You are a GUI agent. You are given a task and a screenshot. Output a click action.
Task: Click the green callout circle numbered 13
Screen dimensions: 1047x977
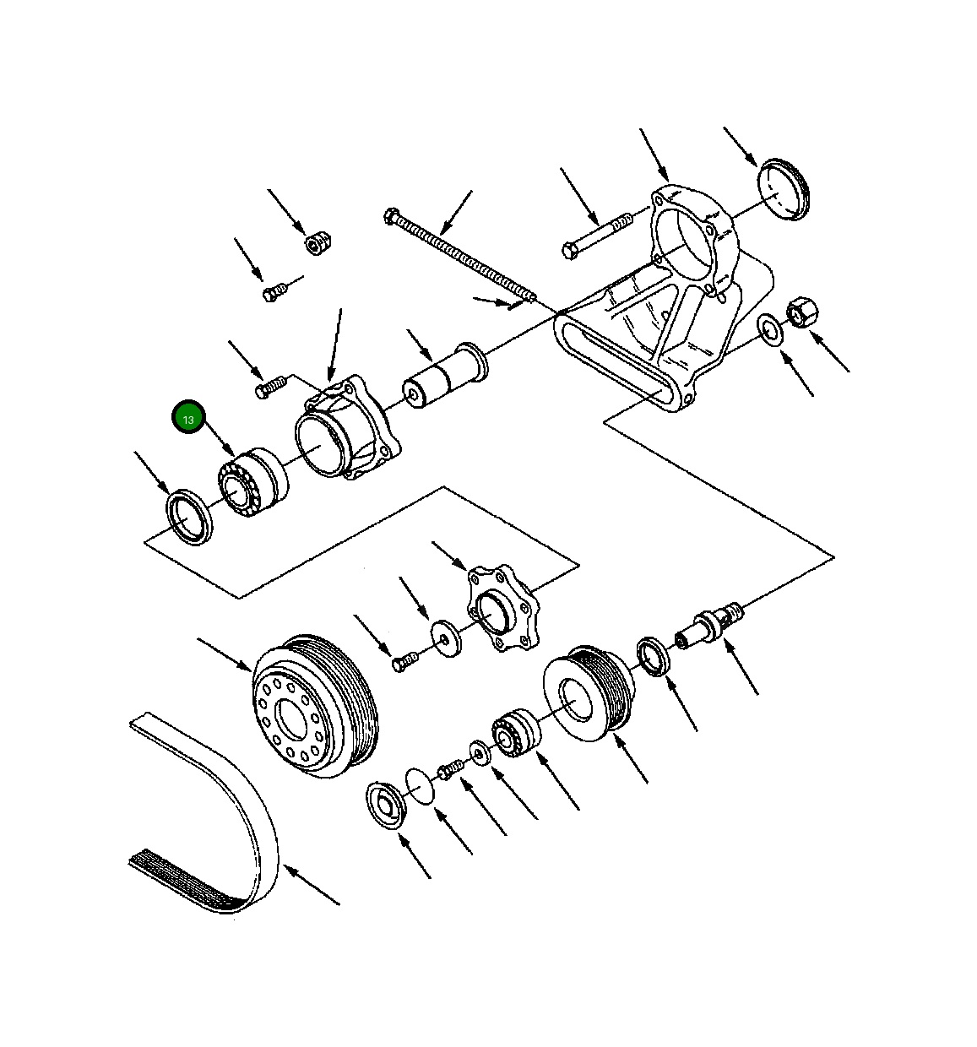coord(187,419)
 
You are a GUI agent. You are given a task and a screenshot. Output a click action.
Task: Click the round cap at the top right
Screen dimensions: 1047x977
coord(783,189)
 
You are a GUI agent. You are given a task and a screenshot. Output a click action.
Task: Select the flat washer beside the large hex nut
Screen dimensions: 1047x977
coord(769,330)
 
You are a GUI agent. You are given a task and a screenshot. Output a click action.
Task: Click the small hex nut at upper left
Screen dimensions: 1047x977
coord(317,243)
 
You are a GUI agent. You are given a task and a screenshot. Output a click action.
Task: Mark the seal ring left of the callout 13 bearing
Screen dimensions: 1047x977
coord(189,517)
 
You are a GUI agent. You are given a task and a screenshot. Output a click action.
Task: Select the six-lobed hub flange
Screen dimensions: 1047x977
coord(502,610)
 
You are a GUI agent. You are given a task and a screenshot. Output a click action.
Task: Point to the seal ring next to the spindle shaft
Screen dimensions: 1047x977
coord(654,657)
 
